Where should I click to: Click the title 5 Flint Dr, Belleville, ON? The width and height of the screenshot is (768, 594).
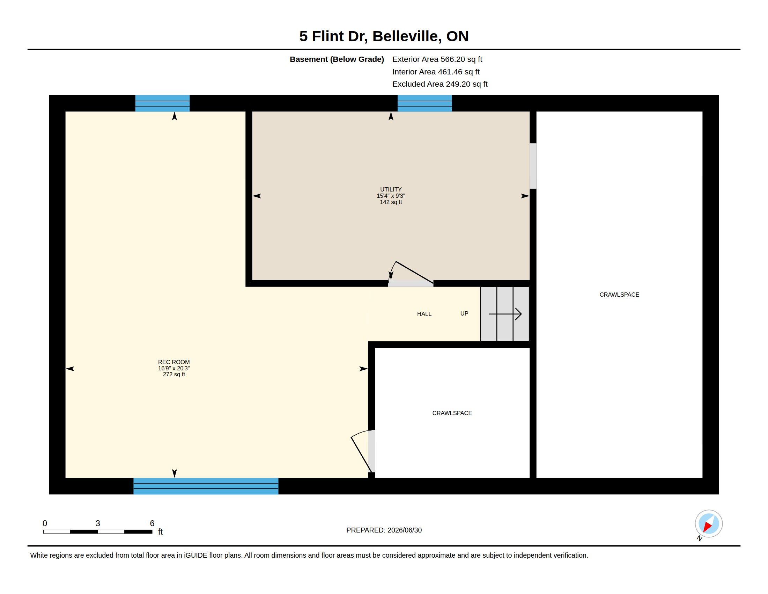pos(384,36)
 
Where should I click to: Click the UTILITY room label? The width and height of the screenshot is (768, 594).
pos(391,189)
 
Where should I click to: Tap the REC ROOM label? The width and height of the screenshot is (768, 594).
pos(174,362)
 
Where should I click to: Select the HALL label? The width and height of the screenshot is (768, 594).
pos(424,314)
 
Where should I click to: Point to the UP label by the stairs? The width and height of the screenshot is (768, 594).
pos(464,313)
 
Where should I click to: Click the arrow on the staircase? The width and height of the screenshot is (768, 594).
pos(505,314)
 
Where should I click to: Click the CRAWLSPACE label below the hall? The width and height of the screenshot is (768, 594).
pos(452,413)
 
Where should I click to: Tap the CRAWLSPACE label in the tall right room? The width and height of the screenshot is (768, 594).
pos(619,295)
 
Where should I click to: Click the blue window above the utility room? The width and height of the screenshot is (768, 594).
pos(424,103)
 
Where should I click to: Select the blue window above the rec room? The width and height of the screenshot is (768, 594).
pos(162,103)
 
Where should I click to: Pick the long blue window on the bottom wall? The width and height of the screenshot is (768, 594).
pos(206,486)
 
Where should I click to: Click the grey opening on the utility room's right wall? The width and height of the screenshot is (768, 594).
pos(533,166)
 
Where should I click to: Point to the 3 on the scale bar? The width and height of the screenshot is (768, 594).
pos(98,523)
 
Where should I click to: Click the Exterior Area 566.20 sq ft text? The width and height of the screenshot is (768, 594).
pos(437,59)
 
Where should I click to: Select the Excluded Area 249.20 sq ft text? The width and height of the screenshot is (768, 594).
pos(440,84)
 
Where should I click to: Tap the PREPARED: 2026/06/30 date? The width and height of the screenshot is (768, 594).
pos(384,530)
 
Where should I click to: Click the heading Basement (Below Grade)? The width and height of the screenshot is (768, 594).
pos(337,59)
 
